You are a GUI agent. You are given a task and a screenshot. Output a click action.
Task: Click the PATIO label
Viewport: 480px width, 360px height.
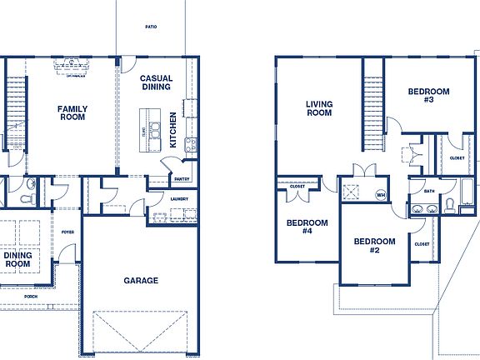pos(151,27)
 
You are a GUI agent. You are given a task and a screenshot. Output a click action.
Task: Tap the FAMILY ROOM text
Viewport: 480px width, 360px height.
pos(72,113)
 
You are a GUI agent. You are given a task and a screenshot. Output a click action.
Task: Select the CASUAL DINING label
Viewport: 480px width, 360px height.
pos(156,82)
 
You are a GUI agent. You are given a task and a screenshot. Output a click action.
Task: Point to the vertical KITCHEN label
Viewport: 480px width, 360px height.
pos(173,130)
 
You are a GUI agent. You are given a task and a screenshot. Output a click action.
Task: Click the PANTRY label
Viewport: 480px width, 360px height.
pos(182,179)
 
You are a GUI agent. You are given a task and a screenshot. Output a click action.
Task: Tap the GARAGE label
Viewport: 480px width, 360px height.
pos(141,281)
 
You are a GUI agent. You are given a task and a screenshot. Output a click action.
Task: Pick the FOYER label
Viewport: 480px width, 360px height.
pos(67,232)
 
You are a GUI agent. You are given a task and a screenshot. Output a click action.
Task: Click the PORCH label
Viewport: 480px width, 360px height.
pos(31,297)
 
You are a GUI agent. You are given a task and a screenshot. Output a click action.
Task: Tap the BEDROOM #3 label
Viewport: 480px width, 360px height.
pos(428,95)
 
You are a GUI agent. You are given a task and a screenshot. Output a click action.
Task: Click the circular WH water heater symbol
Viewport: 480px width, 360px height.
pos(381,196)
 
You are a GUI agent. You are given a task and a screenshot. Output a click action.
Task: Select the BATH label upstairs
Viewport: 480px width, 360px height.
pos(429,191)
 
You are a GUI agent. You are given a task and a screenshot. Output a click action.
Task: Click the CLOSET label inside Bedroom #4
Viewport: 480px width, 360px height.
pos(297,187)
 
